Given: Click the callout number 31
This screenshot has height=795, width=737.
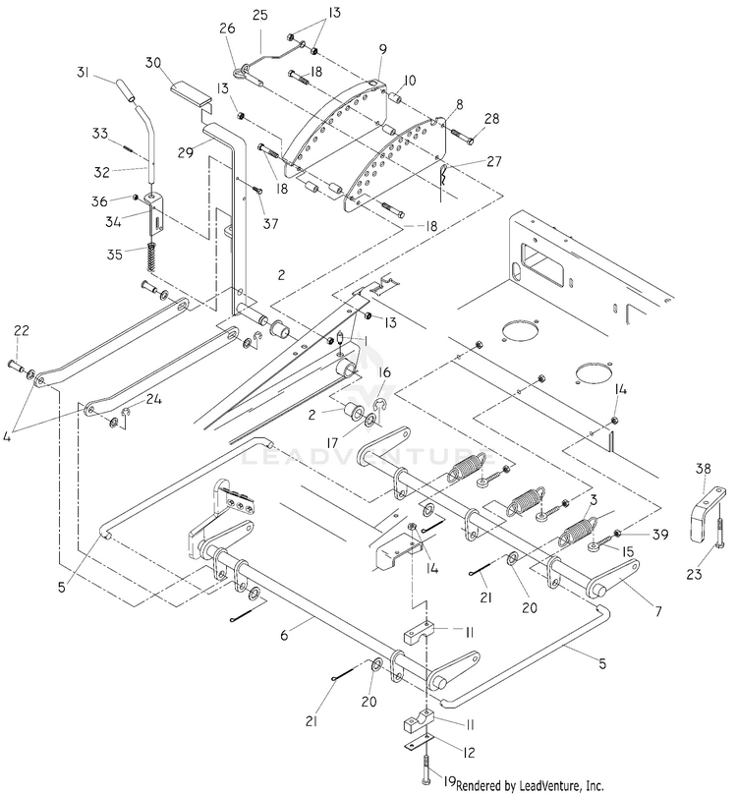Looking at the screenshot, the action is coord(84,73).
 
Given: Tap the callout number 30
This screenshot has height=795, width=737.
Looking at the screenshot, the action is coord(154,62).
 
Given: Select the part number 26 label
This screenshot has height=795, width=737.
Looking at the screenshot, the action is coord(228,28).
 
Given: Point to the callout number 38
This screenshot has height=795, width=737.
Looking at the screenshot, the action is coord(703,468).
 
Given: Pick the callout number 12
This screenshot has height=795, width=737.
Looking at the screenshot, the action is coord(470,753).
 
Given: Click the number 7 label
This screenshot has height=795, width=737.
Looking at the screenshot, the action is coord(658,612).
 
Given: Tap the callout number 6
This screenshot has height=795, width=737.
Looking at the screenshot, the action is coord(284,634).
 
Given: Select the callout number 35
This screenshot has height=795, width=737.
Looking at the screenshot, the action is coord(115,254).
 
